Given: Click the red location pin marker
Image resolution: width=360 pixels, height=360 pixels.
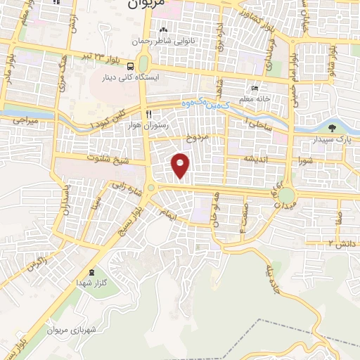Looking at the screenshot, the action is pos(181,165).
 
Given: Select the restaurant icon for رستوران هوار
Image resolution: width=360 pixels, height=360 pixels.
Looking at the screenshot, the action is pos(148,113).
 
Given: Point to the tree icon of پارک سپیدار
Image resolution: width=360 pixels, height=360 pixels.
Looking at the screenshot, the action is pos(332,128).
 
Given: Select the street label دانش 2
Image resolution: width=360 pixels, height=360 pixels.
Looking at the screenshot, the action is pos(339,243).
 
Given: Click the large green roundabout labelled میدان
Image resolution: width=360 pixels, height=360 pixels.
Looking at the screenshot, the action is pos(286,194).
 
